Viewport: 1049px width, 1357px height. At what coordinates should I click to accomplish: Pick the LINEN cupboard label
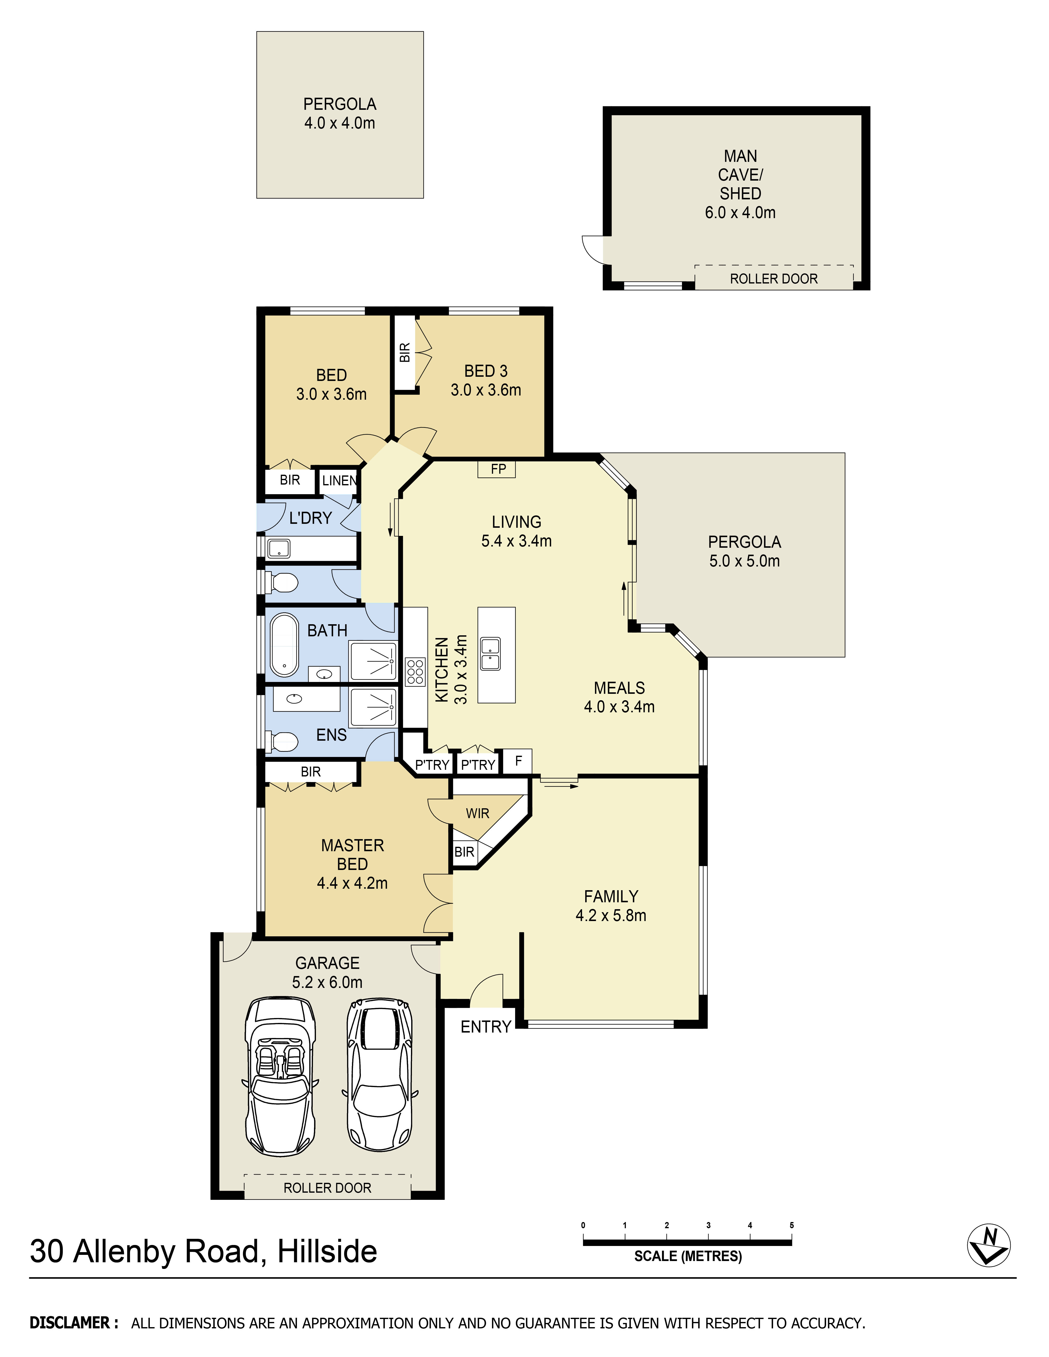coord(339,480)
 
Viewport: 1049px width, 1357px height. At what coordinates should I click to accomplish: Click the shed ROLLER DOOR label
coord(774,279)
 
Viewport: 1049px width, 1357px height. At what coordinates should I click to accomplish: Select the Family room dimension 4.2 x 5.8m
coord(611,915)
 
